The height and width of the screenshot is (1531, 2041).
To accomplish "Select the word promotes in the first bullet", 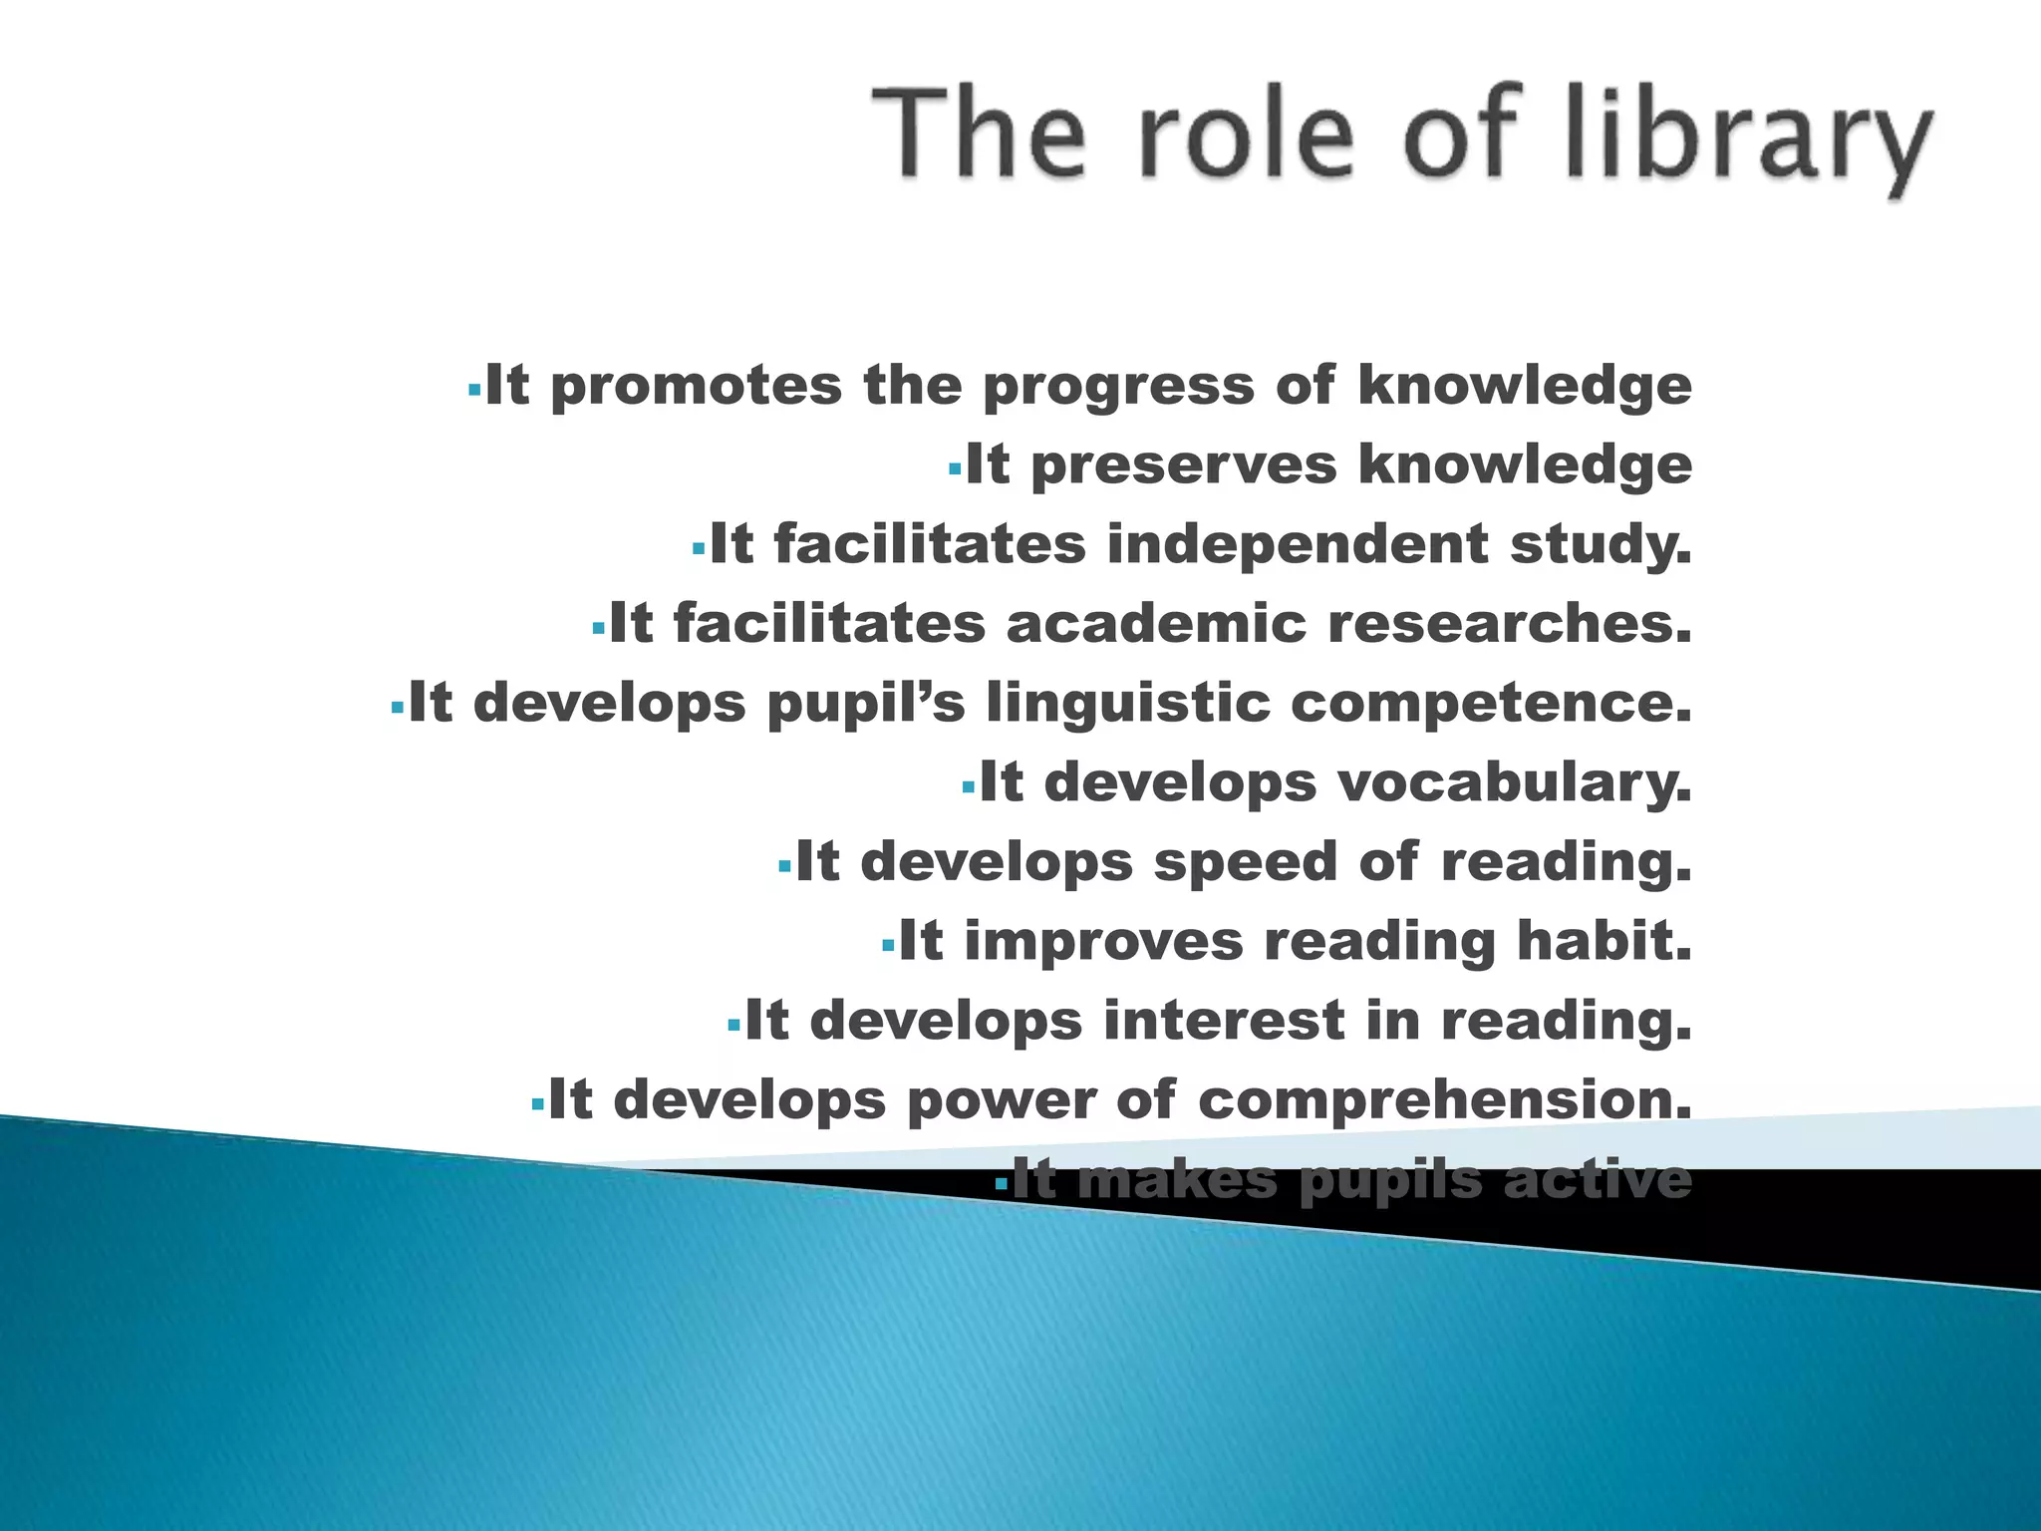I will (696, 387).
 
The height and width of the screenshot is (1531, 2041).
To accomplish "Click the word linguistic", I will (1128, 705).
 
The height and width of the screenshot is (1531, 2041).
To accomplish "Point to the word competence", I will (1491, 704).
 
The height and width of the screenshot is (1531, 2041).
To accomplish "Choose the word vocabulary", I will (1515, 783).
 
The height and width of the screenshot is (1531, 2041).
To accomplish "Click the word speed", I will (1245, 861).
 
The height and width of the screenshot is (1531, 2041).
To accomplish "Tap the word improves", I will (1103, 941).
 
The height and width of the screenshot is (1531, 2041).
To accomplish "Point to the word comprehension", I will (1444, 1101).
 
